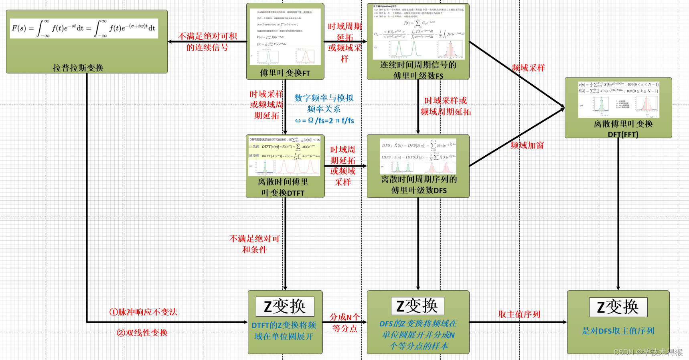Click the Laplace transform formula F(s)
[83, 28]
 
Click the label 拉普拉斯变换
[78, 68]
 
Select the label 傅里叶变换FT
[285, 73]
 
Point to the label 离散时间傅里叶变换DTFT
[283, 187]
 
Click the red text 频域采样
[528, 68]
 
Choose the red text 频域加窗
[527, 145]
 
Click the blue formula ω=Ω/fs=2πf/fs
[324, 120]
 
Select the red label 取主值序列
[519, 314]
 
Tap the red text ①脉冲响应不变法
[144, 312]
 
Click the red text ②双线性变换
[142, 333]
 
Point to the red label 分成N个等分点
[344, 323]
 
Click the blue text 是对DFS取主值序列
[618, 331]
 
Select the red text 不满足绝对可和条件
[254, 244]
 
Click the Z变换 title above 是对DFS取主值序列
[618, 307]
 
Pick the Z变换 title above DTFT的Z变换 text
[285, 307]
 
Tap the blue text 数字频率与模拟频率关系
[324, 104]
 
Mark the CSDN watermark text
[648, 352]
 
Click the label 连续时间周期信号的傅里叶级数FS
[418, 70]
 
